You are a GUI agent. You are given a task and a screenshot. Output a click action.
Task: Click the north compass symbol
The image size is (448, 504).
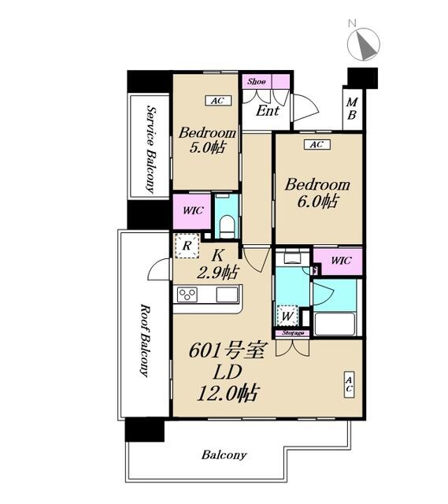(364, 44)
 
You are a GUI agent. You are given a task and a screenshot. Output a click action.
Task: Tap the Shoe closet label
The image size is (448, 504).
(257, 82)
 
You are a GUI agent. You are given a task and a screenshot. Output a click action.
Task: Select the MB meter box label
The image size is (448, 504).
(352, 109)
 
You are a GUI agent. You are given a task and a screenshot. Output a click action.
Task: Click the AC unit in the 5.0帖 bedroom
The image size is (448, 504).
(218, 101)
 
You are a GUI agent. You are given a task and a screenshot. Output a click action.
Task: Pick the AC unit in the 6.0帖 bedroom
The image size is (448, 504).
(317, 145)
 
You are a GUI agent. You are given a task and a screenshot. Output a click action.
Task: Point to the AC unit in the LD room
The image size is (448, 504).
(349, 384)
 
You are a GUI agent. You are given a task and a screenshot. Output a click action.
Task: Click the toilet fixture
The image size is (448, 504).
(227, 226)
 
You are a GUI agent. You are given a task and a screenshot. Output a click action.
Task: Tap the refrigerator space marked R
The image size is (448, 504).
(187, 246)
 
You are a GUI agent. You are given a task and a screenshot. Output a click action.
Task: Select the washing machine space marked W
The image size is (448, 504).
(287, 316)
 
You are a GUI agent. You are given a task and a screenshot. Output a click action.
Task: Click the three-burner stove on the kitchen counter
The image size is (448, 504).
(187, 295)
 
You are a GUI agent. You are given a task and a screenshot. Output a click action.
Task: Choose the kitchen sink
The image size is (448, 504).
(227, 295)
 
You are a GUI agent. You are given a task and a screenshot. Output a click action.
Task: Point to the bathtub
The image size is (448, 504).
(335, 324)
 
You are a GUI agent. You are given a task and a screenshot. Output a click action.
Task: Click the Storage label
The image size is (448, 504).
(293, 333)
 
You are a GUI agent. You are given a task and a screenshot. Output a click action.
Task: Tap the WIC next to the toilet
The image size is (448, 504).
(193, 210)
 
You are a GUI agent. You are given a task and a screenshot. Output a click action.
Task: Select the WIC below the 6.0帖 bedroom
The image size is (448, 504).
(341, 261)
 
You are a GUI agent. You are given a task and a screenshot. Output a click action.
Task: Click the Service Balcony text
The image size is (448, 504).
(150, 149)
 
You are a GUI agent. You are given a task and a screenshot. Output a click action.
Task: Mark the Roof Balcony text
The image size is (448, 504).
(145, 340)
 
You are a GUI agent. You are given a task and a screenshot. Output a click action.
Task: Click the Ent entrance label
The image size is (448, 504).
(268, 111)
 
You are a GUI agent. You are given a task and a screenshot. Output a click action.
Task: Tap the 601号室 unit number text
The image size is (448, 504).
(227, 350)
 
